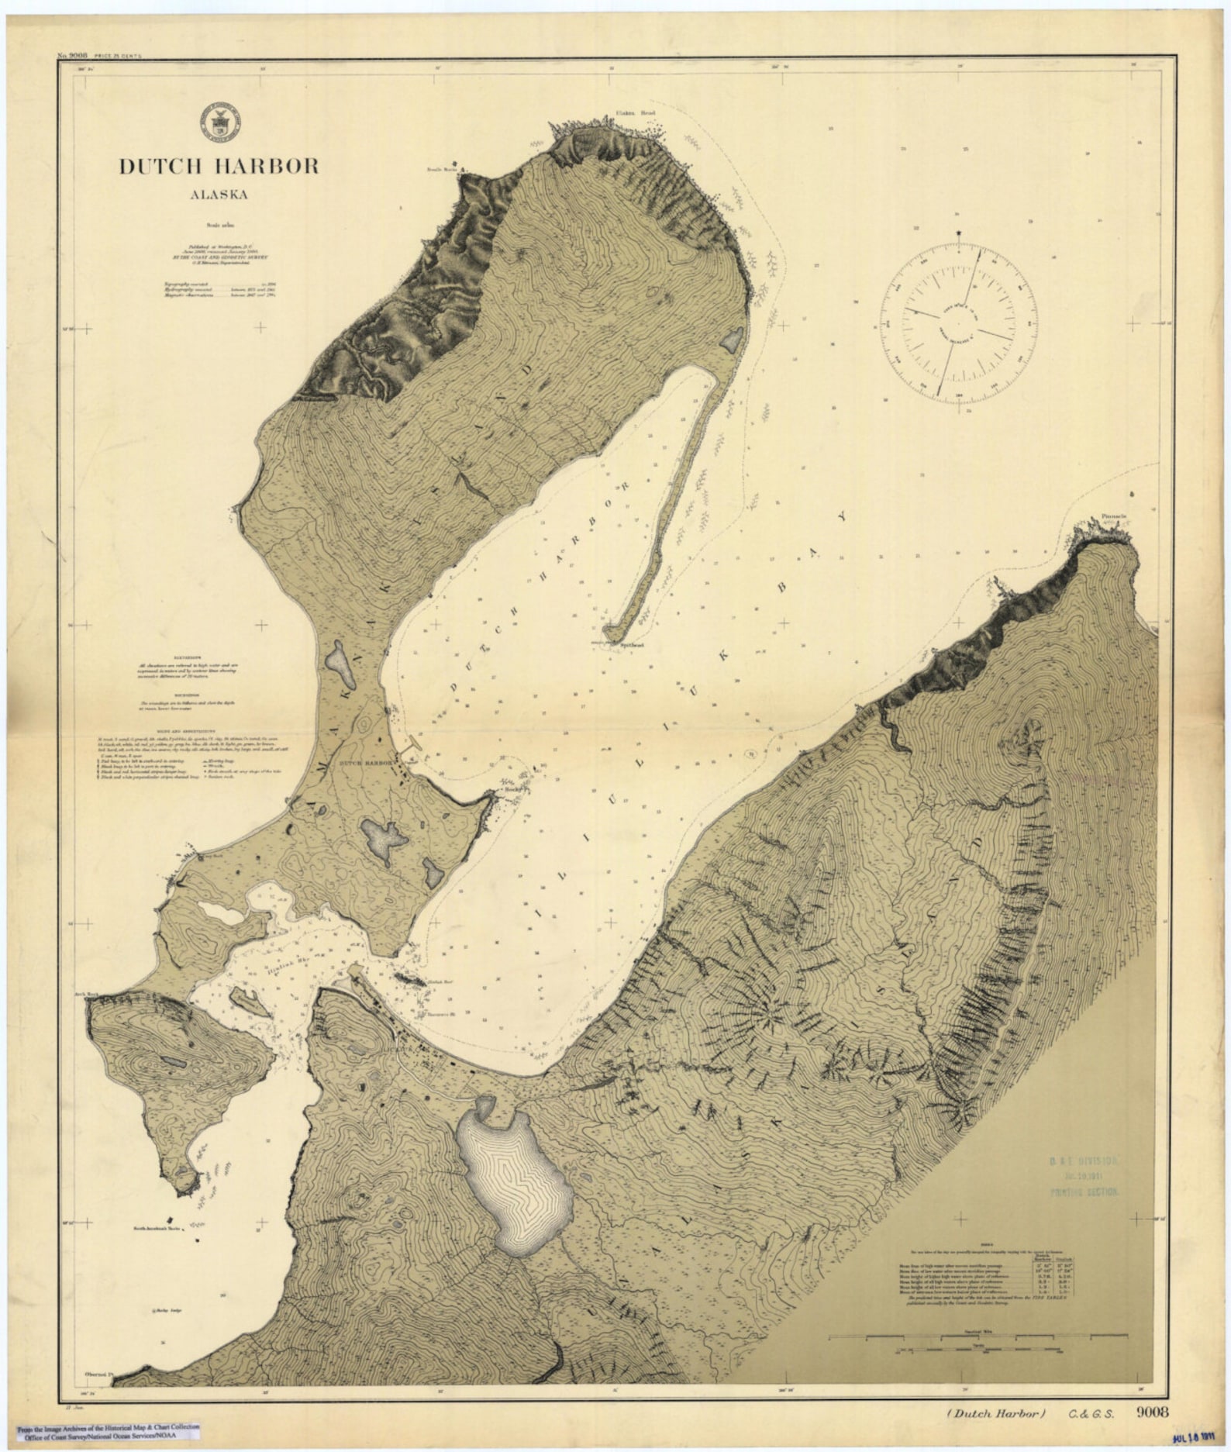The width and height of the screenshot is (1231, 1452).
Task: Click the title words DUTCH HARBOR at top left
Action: pyautogui.click(x=218, y=166)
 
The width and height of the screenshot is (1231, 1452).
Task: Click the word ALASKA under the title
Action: pyautogui.click(x=219, y=195)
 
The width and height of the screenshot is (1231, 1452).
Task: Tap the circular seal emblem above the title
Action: pyautogui.click(x=221, y=122)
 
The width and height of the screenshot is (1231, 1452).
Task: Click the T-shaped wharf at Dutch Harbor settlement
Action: pyautogui.click(x=413, y=750)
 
